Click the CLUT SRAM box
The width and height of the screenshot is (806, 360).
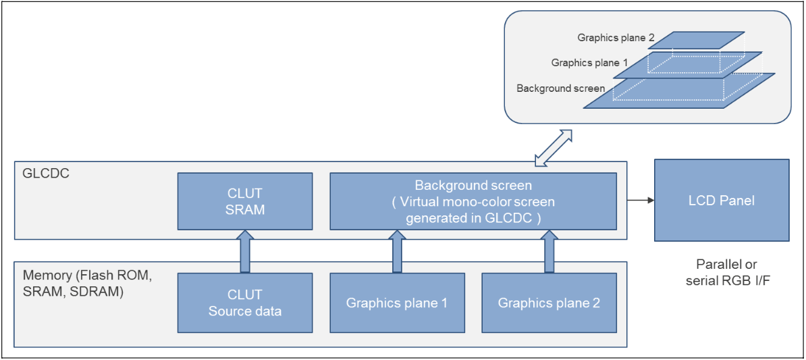(x=244, y=201)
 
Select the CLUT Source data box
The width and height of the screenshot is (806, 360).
(x=244, y=303)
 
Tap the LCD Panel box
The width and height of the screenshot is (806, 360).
(x=721, y=201)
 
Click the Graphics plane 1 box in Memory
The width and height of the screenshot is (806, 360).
(x=397, y=303)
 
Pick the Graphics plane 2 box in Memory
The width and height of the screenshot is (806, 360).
(x=549, y=303)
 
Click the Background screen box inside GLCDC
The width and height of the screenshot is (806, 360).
(x=473, y=201)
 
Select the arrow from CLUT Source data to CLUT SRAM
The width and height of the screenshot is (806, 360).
(x=244, y=251)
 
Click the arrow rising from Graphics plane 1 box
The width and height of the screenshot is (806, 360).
(x=397, y=251)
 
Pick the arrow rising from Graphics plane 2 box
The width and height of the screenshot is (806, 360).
(x=549, y=251)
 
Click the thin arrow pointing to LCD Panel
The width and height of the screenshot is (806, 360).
(x=641, y=201)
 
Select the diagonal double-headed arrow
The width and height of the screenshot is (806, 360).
(x=553, y=147)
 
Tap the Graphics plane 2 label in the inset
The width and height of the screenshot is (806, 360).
(x=616, y=38)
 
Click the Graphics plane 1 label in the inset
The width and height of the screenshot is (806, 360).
(x=589, y=63)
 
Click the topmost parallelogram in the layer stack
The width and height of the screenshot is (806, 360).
(x=702, y=39)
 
